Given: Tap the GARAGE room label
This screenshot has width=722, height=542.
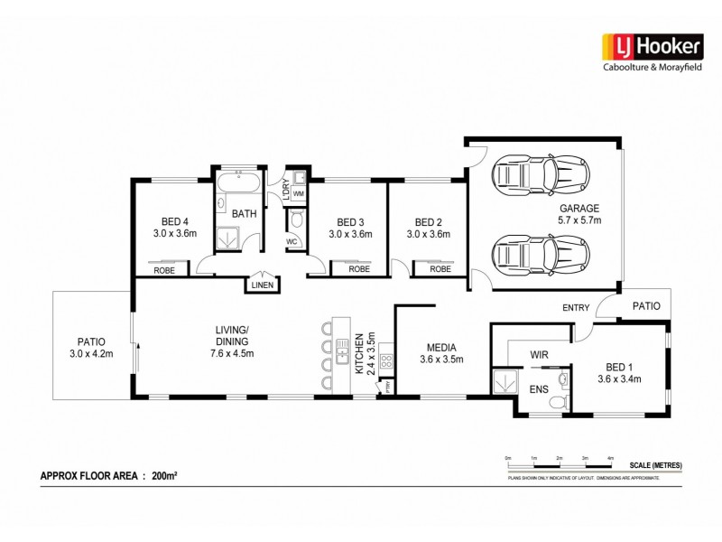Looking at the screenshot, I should point(579,208).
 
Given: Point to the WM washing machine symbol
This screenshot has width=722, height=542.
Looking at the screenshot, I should point(299,193).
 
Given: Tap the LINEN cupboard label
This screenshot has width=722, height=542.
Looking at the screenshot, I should point(262,285).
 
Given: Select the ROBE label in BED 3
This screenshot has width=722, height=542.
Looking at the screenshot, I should point(359,269).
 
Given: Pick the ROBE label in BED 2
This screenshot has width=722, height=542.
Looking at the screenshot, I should point(440,269).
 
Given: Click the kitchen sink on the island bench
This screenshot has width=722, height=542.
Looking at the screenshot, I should point(342,351).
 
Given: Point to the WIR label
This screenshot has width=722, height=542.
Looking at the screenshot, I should point(541,355).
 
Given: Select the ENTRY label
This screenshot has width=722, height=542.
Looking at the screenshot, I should point(576,308).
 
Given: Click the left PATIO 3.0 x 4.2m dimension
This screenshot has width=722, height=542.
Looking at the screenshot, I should point(91,354).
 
